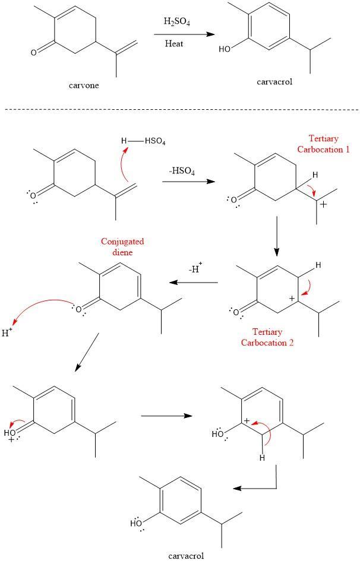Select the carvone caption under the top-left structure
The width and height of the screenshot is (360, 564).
[x=84, y=85]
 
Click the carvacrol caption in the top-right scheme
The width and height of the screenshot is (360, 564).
[x=275, y=82]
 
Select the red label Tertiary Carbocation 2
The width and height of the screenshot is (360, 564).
[x=267, y=337]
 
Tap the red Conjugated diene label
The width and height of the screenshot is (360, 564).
[x=123, y=246]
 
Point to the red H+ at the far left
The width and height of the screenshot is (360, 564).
[x=8, y=333]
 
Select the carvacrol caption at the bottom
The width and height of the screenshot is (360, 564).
[x=187, y=556]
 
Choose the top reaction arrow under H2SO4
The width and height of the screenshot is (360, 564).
[x=183, y=34]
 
